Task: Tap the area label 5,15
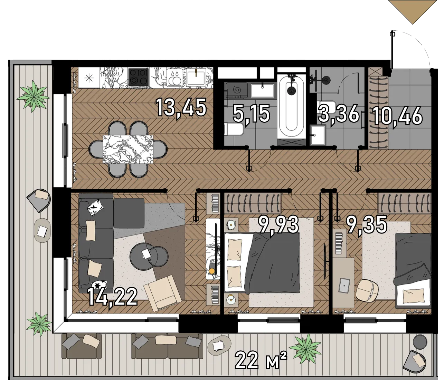click(x=251, y=114)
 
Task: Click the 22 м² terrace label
click(x=261, y=360)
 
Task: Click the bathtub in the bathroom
click(x=291, y=106)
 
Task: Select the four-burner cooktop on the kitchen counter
click(x=139, y=77)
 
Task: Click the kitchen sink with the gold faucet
click(x=196, y=77)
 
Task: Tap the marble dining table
click(x=128, y=149)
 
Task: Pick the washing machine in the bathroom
click(x=236, y=91)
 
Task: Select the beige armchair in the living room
click(x=163, y=293)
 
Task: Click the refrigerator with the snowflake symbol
click(x=89, y=78)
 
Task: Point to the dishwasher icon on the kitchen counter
click(x=174, y=77)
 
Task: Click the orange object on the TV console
click(x=212, y=271)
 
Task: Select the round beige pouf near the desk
click(x=367, y=290)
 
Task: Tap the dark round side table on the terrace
click(x=420, y=342)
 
